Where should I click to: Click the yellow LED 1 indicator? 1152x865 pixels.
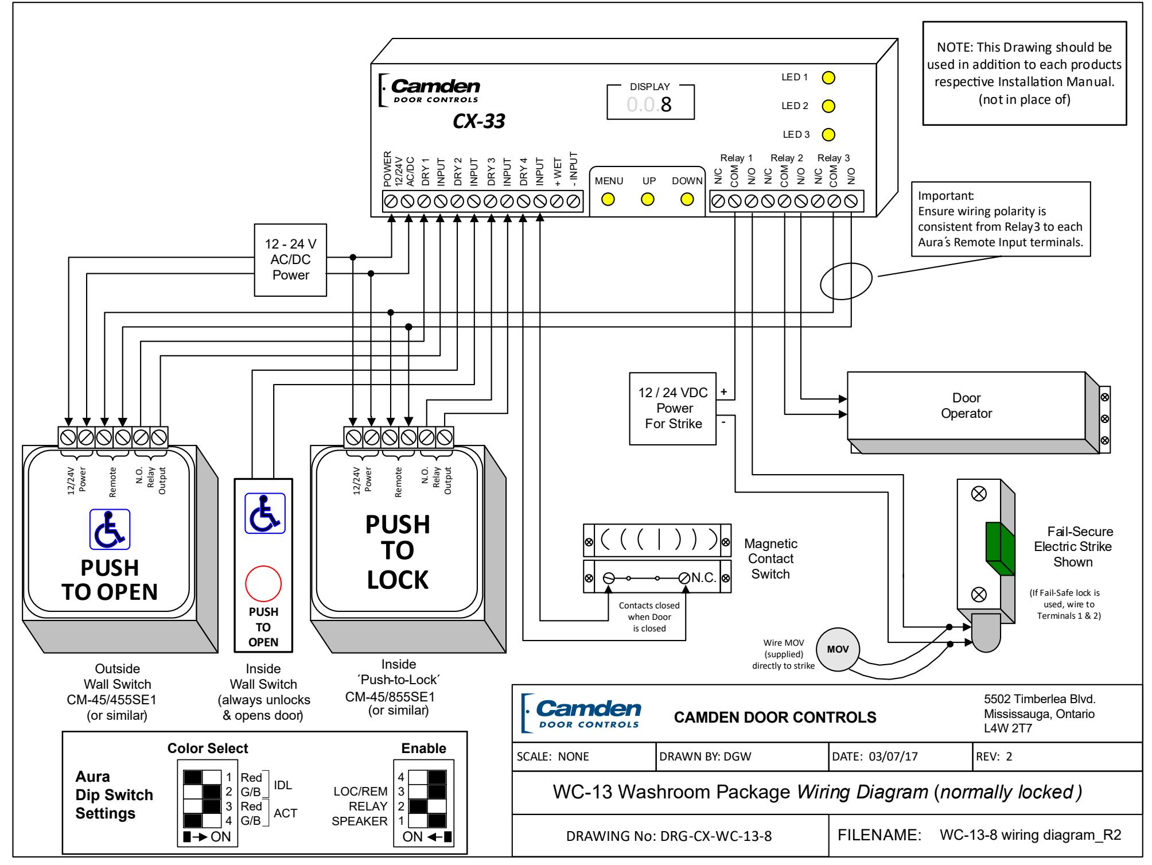point(828,77)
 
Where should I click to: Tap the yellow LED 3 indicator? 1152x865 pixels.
point(828,135)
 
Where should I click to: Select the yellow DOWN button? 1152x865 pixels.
point(687,199)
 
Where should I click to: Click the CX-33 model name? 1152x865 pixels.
point(479,122)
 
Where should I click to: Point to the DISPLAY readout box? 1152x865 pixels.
point(651,103)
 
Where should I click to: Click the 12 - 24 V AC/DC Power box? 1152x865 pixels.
point(291,260)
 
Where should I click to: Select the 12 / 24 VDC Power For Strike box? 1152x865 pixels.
point(674,409)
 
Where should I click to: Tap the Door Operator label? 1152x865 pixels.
point(967,406)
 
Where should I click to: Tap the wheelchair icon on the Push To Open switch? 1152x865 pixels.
point(110,529)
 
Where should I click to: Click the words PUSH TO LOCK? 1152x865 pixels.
point(398,552)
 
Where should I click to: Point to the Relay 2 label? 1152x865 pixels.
point(787,158)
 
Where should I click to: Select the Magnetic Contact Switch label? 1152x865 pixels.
point(770,558)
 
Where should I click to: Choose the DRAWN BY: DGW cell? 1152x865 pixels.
point(742,757)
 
